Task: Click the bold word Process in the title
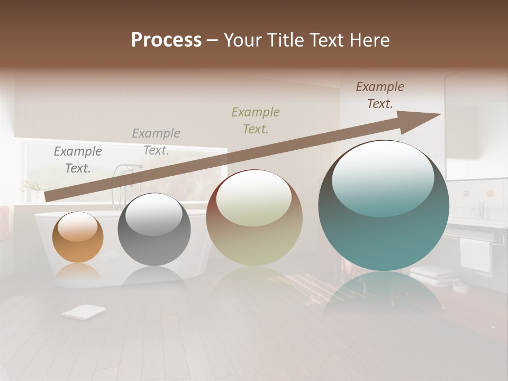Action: pos(166,40)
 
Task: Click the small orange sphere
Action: pos(78,237)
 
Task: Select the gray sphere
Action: pos(154,229)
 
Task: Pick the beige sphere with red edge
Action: pos(254,217)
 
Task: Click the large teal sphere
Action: pos(384,205)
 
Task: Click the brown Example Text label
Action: pos(380,95)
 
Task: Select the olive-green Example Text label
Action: pos(256,120)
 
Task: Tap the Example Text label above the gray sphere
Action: pos(156,142)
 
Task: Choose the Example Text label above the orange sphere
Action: pos(78,160)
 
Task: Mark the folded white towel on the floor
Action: pos(83,312)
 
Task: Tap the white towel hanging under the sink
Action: pos(475,254)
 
